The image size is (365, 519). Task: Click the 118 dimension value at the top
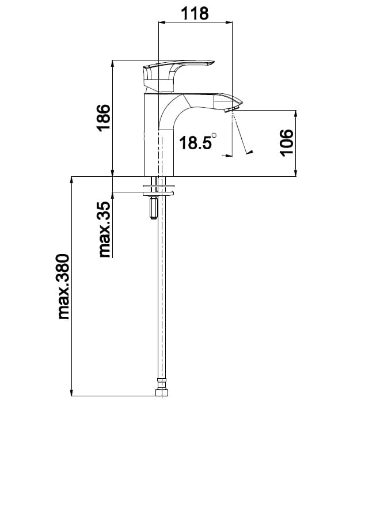click(x=195, y=13)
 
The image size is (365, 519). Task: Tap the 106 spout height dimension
click(x=286, y=142)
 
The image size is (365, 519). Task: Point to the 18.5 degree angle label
click(x=195, y=142)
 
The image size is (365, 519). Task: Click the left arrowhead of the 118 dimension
click(x=162, y=23)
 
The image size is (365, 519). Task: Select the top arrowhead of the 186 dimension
click(x=113, y=63)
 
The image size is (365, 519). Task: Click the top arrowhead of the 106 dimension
click(x=296, y=113)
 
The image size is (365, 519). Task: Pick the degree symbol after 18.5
click(x=215, y=136)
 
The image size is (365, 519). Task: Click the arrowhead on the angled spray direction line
click(x=249, y=152)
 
